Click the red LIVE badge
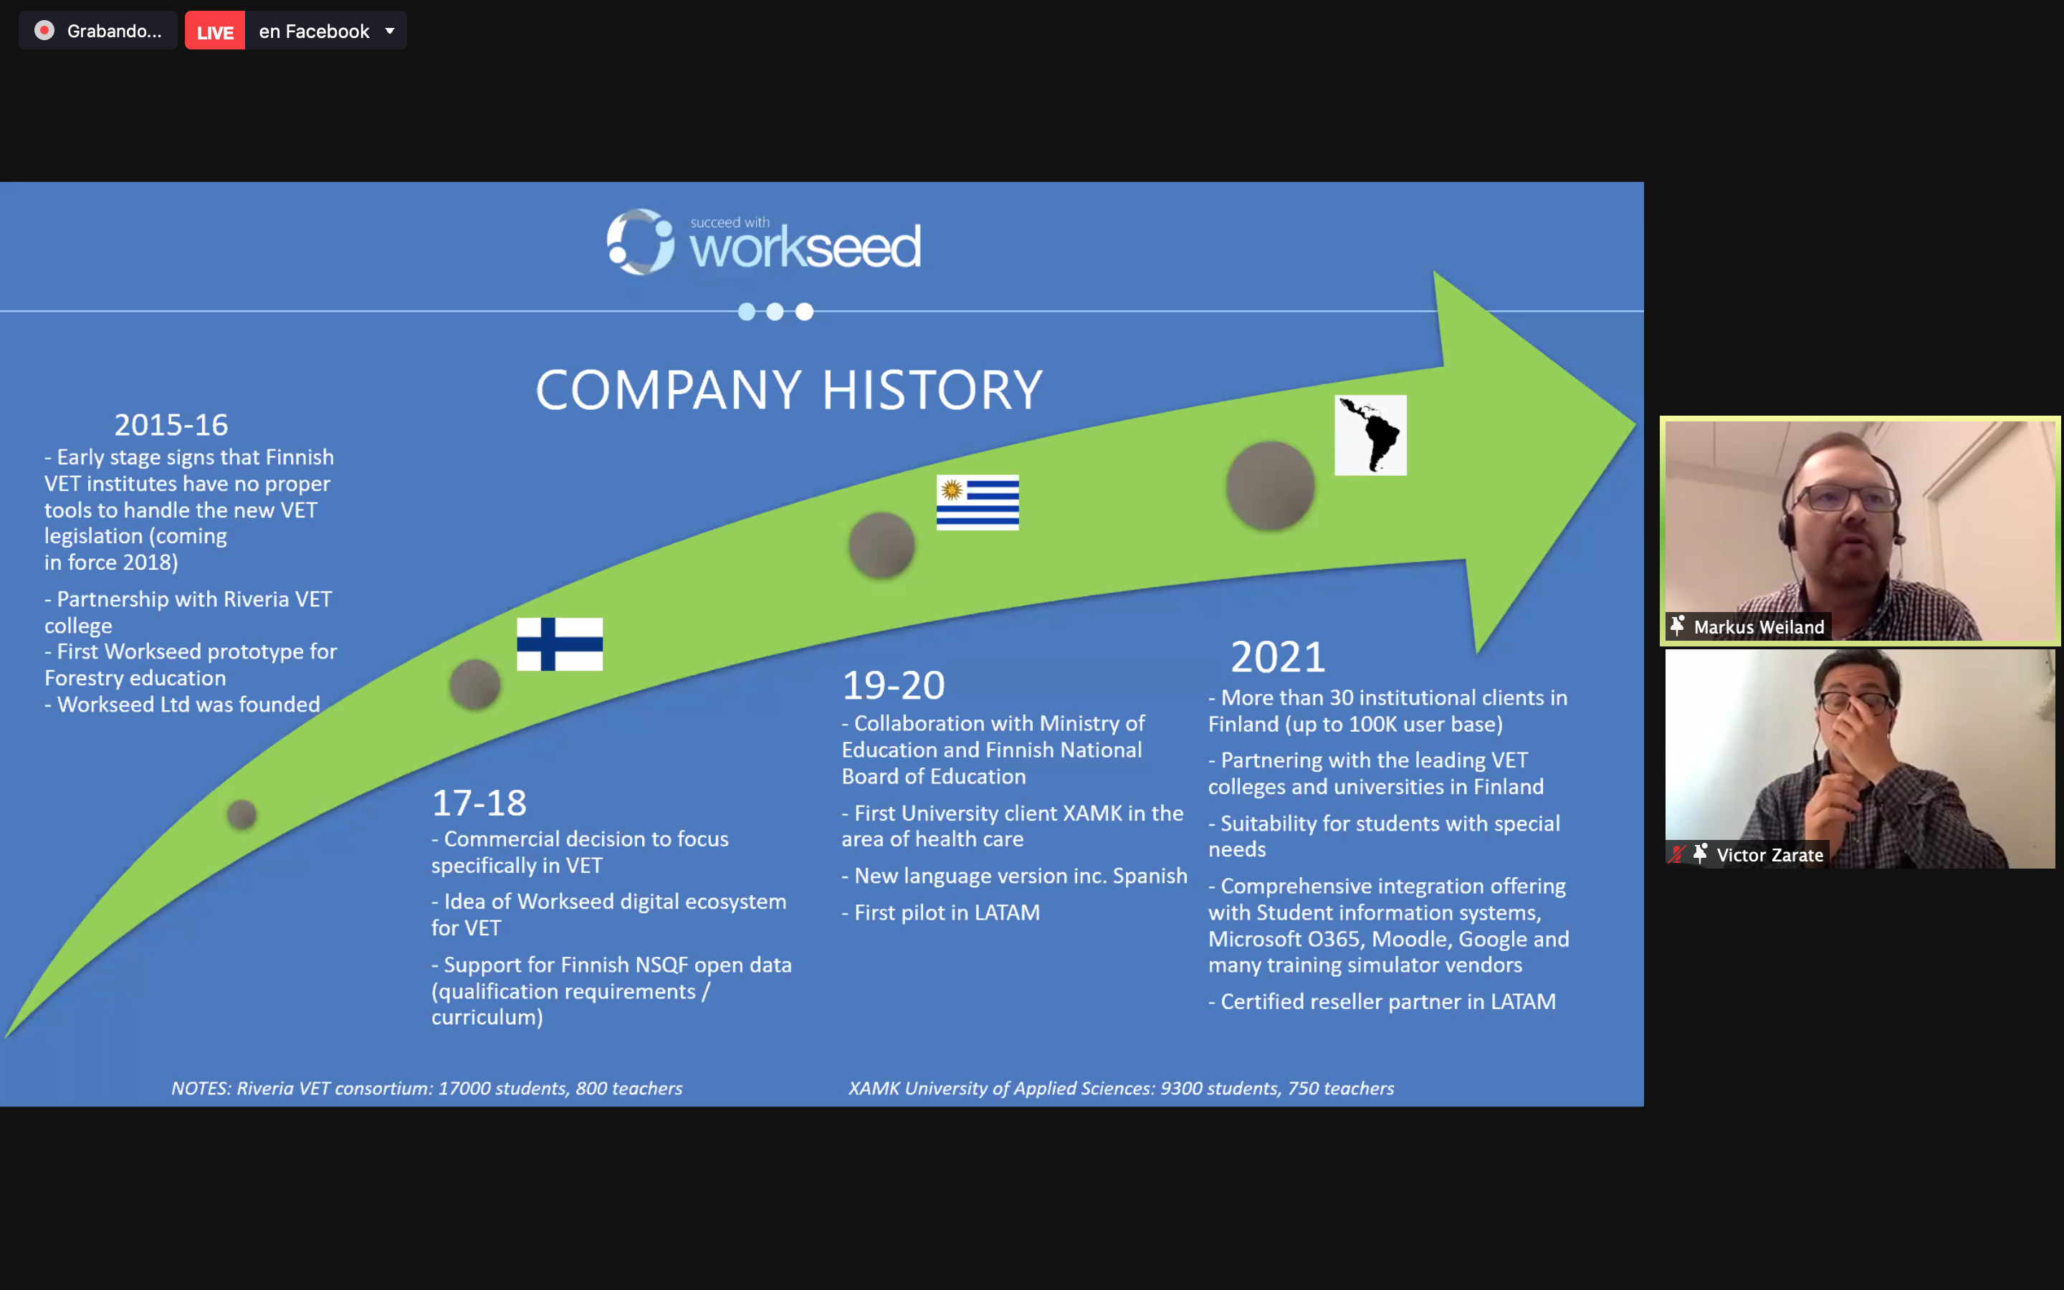(215, 32)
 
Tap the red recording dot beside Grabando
(44, 31)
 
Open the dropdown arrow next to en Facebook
(390, 32)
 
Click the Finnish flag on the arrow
(560, 644)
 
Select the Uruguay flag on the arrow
(978, 502)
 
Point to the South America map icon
(1370, 435)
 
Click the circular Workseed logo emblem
(641, 242)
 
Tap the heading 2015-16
(171, 425)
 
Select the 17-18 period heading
(479, 803)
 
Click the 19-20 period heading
(894, 685)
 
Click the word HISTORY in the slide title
(932, 390)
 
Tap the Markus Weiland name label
(1759, 627)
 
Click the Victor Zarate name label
(1769, 855)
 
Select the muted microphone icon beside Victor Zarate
(1677, 854)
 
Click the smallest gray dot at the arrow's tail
(242, 815)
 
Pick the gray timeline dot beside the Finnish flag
(475, 684)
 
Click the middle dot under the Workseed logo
(775, 312)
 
